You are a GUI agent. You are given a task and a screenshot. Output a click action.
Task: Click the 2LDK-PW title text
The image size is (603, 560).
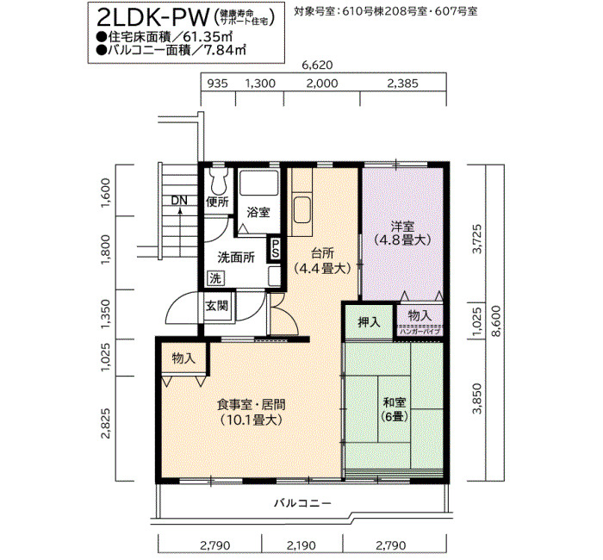click(x=153, y=17)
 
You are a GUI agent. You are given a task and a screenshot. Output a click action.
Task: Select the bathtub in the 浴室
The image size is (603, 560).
click(x=258, y=183)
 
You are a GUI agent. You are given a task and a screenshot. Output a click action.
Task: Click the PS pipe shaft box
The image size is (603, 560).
click(x=276, y=248)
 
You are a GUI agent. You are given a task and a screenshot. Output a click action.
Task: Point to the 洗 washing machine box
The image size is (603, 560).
click(x=215, y=278)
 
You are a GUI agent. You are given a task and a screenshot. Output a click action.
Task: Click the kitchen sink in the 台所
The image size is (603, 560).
click(x=302, y=210)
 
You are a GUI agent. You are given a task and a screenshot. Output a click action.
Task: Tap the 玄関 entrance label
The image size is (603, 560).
click(x=217, y=306)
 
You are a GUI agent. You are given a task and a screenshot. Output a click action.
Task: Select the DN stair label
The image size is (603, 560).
click(x=179, y=201)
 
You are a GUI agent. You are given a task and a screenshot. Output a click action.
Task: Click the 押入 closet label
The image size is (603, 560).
click(x=370, y=322)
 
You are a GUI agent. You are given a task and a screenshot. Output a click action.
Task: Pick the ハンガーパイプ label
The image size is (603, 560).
click(x=420, y=331)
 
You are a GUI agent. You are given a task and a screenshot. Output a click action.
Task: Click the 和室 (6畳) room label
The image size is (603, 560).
click(x=395, y=409)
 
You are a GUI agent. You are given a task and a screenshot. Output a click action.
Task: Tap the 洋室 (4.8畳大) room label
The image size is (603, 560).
click(x=402, y=233)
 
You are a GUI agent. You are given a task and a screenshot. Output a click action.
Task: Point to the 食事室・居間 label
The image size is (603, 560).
click(x=252, y=405)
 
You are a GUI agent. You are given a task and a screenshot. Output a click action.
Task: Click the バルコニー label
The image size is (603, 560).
click(x=302, y=503)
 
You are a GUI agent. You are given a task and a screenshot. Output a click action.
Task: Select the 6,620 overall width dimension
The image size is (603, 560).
click(x=317, y=65)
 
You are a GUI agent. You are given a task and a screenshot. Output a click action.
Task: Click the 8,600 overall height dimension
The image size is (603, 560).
click(x=496, y=321)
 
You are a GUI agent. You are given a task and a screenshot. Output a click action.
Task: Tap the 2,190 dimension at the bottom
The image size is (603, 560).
click(x=301, y=545)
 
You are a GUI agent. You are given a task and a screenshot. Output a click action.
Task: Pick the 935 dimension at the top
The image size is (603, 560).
click(x=218, y=84)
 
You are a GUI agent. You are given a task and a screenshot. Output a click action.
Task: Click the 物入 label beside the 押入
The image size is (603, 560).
click(x=420, y=316)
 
